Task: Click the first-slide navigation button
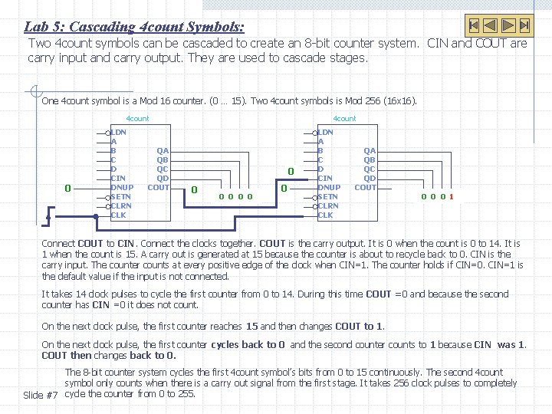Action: [475, 25]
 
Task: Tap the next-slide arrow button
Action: [508, 25]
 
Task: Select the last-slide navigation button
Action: [524, 25]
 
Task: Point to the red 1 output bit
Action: [452, 196]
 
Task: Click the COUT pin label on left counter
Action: [159, 187]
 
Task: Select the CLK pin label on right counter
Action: [325, 215]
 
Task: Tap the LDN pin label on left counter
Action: [119, 133]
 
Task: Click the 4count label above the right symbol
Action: [343, 119]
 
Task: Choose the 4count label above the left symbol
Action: [137, 119]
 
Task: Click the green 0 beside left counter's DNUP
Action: [67, 188]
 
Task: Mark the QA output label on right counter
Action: [370, 151]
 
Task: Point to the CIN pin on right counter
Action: [325, 179]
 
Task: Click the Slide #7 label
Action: [41, 395]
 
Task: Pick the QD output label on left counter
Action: [163, 179]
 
